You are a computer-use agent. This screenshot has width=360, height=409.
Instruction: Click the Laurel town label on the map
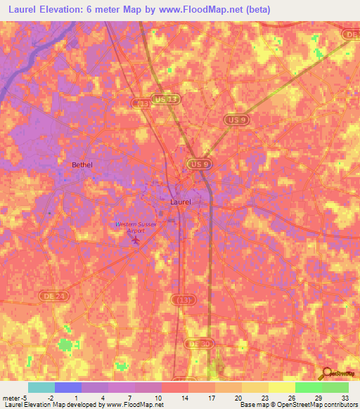(x=180, y=202)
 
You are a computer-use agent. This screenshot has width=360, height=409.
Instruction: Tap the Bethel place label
(x=82, y=165)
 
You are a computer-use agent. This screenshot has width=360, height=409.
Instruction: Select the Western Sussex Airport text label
(x=135, y=227)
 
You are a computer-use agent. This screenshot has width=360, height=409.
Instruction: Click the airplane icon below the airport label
(x=136, y=241)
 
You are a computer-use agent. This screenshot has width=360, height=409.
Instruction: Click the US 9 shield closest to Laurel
(x=199, y=164)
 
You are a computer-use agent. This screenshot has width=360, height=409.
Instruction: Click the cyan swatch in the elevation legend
(x=41, y=387)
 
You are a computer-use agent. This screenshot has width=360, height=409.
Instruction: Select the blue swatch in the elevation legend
(x=68, y=387)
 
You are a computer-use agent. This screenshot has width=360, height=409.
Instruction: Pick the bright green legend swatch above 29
(x=308, y=387)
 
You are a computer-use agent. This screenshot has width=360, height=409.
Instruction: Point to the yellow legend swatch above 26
(x=281, y=387)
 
